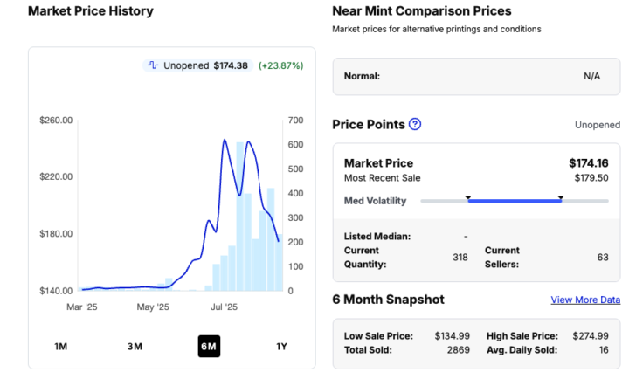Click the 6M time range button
(208, 347)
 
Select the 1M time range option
(61, 347)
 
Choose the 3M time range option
(135, 347)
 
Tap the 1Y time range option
(281, 347)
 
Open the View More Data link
(585, 300)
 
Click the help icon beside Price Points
(415, 124)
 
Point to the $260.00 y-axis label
(56, 121)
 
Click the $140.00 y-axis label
(56, 291)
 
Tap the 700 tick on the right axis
(295, 121)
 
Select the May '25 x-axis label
(152, 307)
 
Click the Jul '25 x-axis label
(225, 307)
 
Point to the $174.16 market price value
(588, 163)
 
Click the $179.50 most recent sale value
(591, 178)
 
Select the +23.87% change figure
(281, 65)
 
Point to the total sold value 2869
(458, 349)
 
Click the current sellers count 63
(602, 257)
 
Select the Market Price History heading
(91, 11)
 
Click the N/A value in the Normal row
(591, 76)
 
